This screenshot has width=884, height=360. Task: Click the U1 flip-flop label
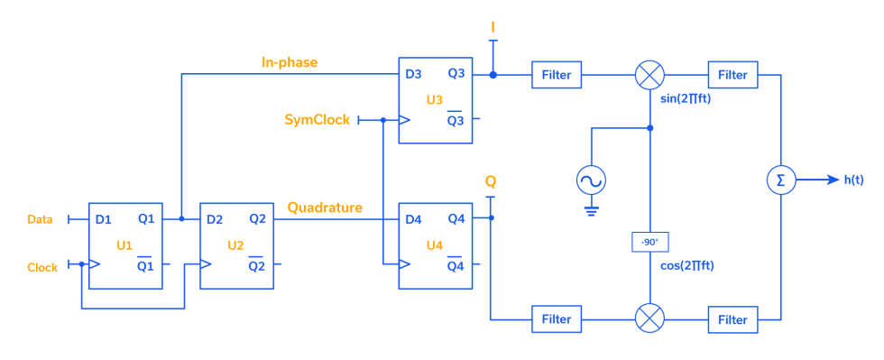click(x=124, y=245)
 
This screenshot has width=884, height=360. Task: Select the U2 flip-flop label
click(x=235, y=245)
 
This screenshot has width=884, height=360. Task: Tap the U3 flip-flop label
click(x=434, y=99)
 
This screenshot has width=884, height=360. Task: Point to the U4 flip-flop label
click(x=434, y=245)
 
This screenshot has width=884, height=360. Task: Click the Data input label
click(x=40, y=219)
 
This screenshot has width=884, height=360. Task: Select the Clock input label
click(x=42, y=267)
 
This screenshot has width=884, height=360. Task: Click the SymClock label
click(x=317, y=119)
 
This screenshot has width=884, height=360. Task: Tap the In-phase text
click(x=289, y=62)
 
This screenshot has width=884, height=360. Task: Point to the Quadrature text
click(x=325, y=208)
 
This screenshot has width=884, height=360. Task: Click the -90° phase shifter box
click(x=649, y=242)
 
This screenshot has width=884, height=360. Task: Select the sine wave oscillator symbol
click(x=591, y=181)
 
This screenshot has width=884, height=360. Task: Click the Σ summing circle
click(x=780, y=180)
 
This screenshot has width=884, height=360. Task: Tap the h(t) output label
click(x=853, y=180)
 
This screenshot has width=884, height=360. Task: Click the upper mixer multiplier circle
click(x=649, y=75)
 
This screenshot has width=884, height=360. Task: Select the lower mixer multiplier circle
click(x=649, y=318)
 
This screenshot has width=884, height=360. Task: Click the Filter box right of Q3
click(x=557, y=75)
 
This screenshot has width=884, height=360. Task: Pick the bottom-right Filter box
click(x=732, y=319)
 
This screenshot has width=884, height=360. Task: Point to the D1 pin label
click(x=104, y=219)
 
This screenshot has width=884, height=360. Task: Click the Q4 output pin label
click(x=456, y=219)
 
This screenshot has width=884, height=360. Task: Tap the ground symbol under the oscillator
click(x=591, y=212)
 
